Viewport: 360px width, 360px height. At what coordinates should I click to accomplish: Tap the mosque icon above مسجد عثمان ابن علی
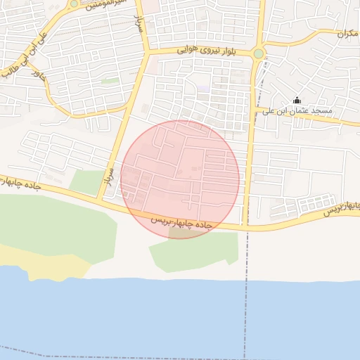pyautogui.click(x=296, y=100)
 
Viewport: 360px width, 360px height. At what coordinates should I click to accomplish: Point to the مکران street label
pyautogui.click(x=347, y=33)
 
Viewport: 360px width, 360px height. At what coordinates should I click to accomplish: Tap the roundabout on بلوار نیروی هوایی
pyautogui.click(x=259, y=53)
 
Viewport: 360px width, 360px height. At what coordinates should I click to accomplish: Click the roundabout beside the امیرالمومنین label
pyautogui.click(x=74, y=4)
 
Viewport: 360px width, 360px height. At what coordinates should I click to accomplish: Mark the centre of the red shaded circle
pyautogui.click(x=180, y=179)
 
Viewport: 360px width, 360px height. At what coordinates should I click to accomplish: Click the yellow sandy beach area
pyautogui.click(x=42, y=264)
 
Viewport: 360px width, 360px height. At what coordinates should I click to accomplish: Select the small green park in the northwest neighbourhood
pyautogui.click(x=110, y=82)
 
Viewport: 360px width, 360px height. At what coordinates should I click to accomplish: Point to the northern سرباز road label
pyautogui.click(x=139, y=25)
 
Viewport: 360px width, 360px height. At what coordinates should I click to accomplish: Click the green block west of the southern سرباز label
pyautogui.click(x=86, y=182)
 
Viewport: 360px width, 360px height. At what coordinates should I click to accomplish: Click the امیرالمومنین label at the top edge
pyautogui.click(x=105, y=4)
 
